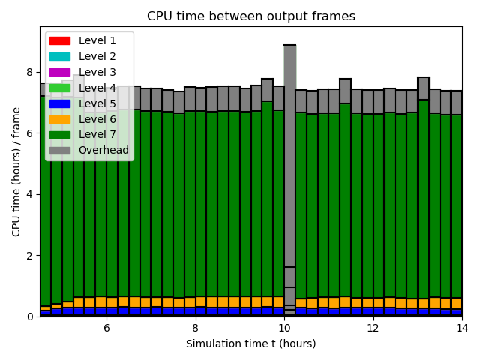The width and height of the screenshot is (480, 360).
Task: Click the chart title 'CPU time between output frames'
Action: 250,16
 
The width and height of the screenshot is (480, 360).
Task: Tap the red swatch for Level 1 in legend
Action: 60,40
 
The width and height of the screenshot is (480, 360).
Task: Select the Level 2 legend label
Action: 97,56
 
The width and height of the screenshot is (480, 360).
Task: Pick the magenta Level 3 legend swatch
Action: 60,72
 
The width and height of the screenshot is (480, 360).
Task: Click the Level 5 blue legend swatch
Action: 60,103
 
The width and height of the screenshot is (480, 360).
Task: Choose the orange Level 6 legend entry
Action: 60,119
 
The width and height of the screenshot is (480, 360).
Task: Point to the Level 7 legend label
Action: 97,135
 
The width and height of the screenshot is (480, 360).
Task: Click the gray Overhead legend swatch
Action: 60,151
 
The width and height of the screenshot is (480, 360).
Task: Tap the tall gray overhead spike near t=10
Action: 289,150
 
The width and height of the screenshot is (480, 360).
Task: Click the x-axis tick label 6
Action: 106,328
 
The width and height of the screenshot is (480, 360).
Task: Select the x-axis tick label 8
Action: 195,328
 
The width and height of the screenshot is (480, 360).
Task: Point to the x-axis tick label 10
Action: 284,328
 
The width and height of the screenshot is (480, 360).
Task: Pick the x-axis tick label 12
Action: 373,328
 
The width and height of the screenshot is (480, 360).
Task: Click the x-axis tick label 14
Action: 460,328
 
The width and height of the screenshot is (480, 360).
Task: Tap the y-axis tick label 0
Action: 30,316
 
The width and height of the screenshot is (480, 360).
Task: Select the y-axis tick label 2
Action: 30,256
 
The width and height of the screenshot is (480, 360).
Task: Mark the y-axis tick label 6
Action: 30,133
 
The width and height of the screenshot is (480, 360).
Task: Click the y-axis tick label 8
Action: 30,73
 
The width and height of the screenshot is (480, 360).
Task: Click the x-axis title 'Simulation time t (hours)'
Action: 250,343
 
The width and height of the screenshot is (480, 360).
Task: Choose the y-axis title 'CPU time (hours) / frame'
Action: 16,171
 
